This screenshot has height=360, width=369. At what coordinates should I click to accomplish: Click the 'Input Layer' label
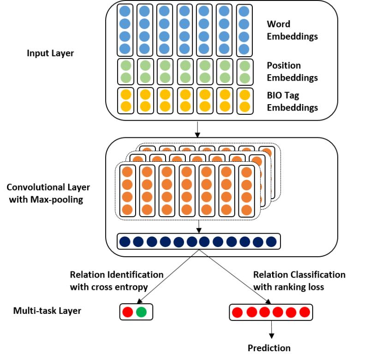pos(50,53)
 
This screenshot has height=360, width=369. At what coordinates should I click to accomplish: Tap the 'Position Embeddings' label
pos(292,71)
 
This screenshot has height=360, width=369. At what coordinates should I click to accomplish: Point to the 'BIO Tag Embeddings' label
pos(292,102)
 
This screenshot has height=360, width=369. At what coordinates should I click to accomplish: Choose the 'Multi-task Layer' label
pos(47,311)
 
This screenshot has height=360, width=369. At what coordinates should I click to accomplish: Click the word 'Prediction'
pos(269,348)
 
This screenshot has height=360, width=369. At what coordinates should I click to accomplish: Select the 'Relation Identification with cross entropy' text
pos(117,280)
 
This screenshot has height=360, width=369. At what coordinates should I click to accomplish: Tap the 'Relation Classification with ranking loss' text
pos(299,280)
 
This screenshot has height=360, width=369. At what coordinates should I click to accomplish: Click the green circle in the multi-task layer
pos(142,312)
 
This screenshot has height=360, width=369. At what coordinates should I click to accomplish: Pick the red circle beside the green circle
pos(128,312)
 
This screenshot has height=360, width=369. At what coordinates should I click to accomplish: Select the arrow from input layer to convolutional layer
pos(198,129)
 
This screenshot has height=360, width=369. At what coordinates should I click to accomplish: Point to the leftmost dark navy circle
pos(125,241)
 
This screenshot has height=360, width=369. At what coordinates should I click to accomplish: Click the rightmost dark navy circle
pos(271,241)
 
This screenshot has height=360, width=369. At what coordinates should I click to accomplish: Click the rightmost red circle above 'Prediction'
pos(304,313)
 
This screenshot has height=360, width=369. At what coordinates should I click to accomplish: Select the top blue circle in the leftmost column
pos(125,12)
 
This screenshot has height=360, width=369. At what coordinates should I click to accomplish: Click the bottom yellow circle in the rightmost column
pos(244,107)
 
